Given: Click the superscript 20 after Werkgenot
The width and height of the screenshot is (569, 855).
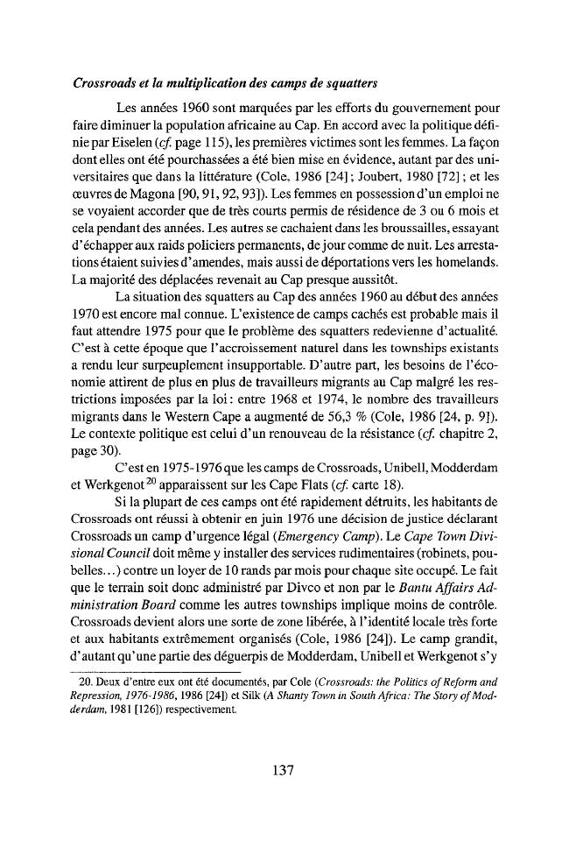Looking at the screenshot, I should coord(133,473).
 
